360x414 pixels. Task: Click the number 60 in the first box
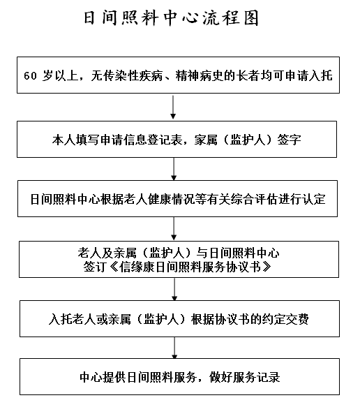pos(31,76)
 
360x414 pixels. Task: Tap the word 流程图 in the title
pos(230,18)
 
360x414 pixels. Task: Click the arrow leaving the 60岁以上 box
pos(173,108)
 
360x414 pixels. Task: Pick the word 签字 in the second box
pos(290,140)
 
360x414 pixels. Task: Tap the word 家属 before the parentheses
pos(206,140)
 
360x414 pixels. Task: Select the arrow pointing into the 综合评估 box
pos(174,169)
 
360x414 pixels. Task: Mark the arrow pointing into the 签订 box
pos(174,229)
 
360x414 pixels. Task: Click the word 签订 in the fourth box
pos(95,267)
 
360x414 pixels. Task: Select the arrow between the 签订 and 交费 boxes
pos(174,289)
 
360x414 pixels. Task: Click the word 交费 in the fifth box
pos(297,319)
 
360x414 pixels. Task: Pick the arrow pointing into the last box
pos(174,348)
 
